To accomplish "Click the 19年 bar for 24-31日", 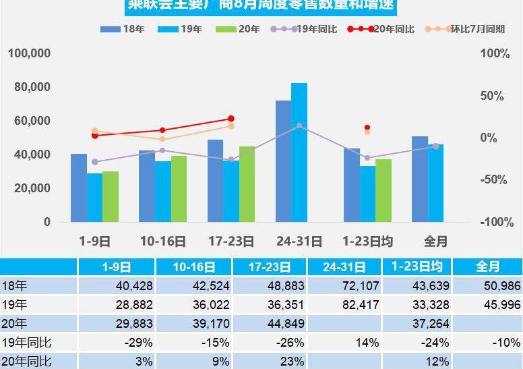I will pyautogui.click(x=299, y=152).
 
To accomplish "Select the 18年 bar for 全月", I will pyautogui.click(x=420, y=179).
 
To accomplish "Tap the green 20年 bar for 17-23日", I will pyautogui.click(x=247, y=183).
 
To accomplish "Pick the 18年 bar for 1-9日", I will pyautogui.click(x=79, y=188).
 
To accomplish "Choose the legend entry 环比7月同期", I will pyautogui.click(x=478, y=29).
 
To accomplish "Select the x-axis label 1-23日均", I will pyautogui.click(x=367, y=241).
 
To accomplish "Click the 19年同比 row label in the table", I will pyautogui.click(x=27, y=343).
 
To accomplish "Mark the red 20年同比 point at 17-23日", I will pyautogui.click(x=231, y=119).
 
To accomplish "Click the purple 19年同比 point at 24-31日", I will pyautogui.click(x=299, y=126).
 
